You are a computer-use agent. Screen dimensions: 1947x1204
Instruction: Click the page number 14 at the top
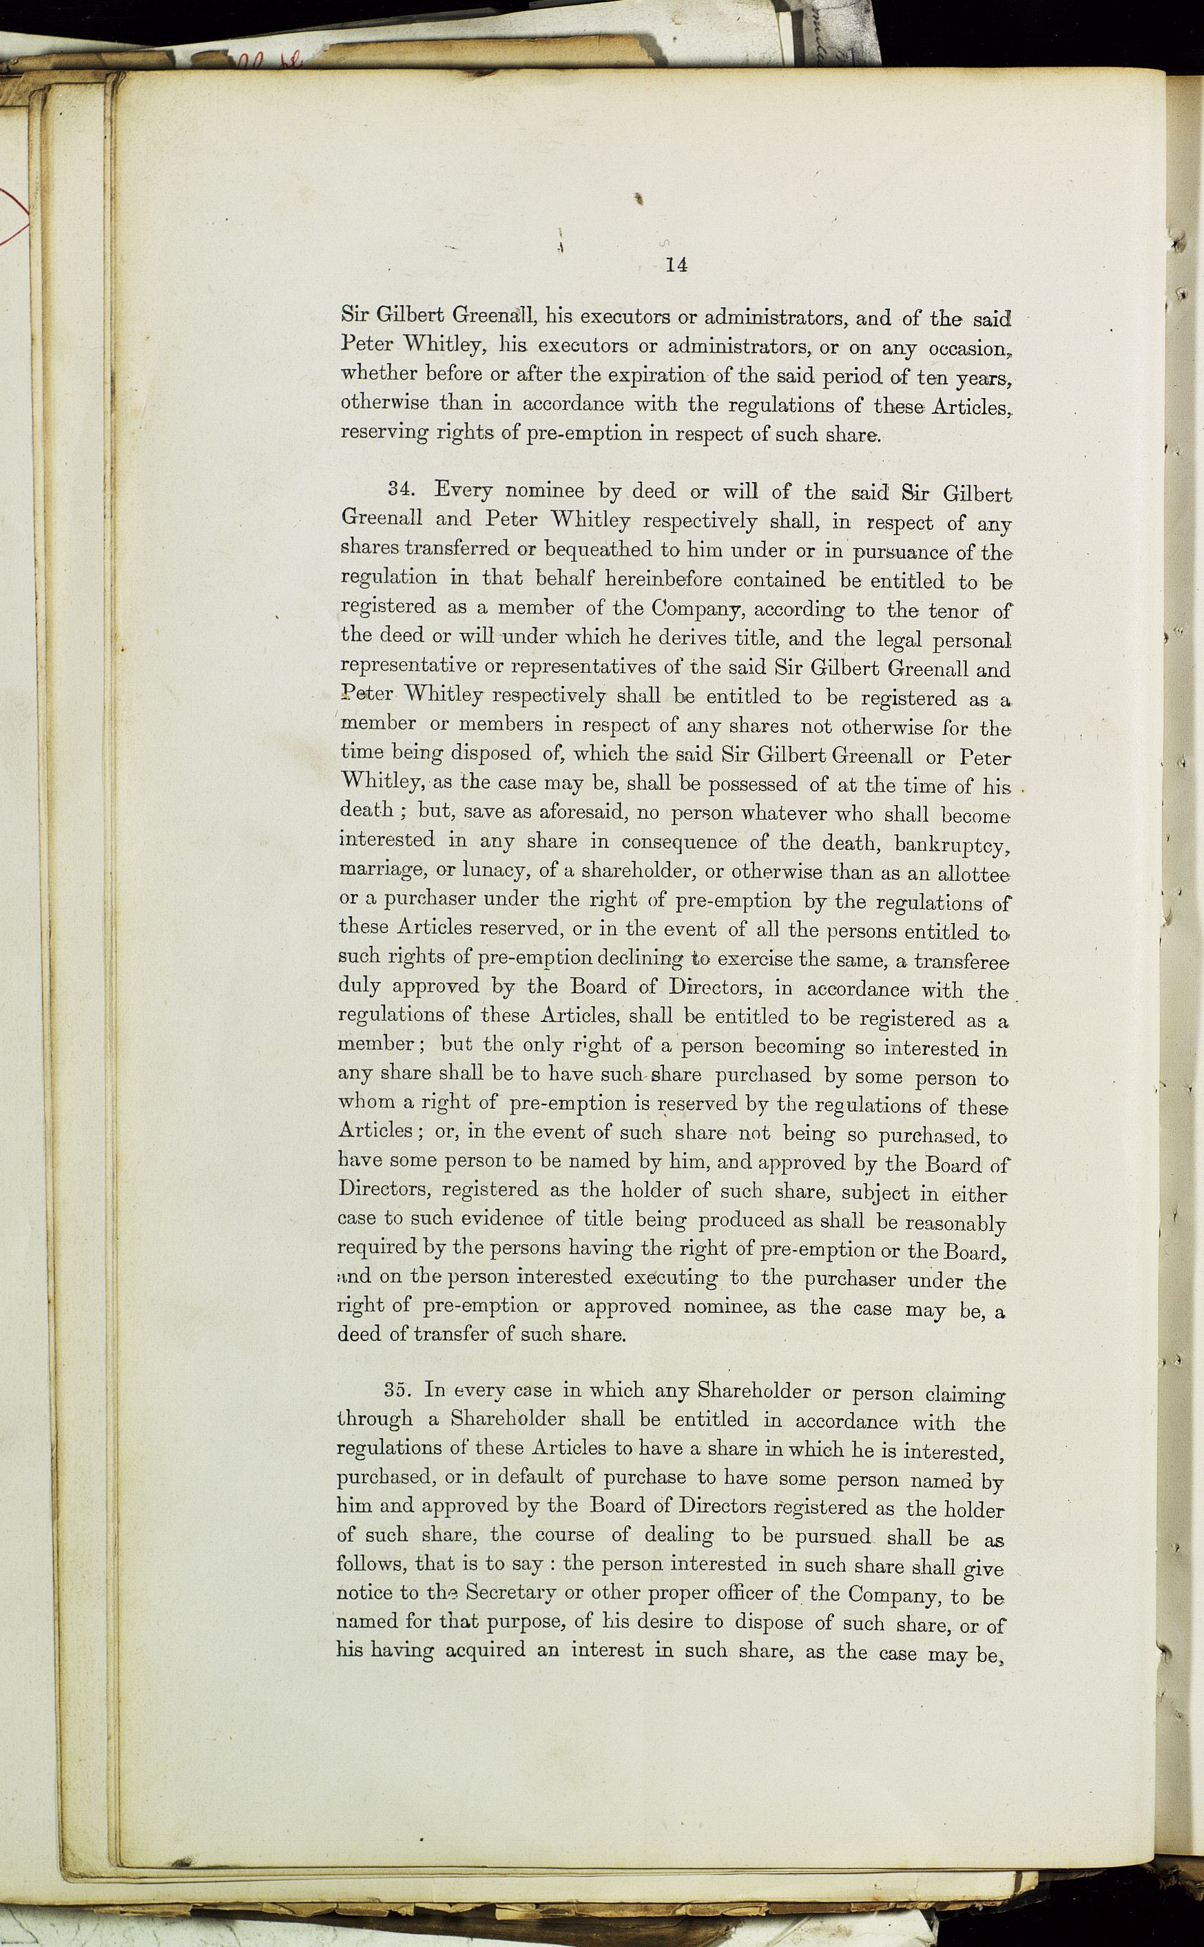[x=676, y=265]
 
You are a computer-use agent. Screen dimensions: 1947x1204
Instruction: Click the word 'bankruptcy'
[x=953, y=843]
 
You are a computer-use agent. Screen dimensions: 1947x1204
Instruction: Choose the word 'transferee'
[x=961, y=961]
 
